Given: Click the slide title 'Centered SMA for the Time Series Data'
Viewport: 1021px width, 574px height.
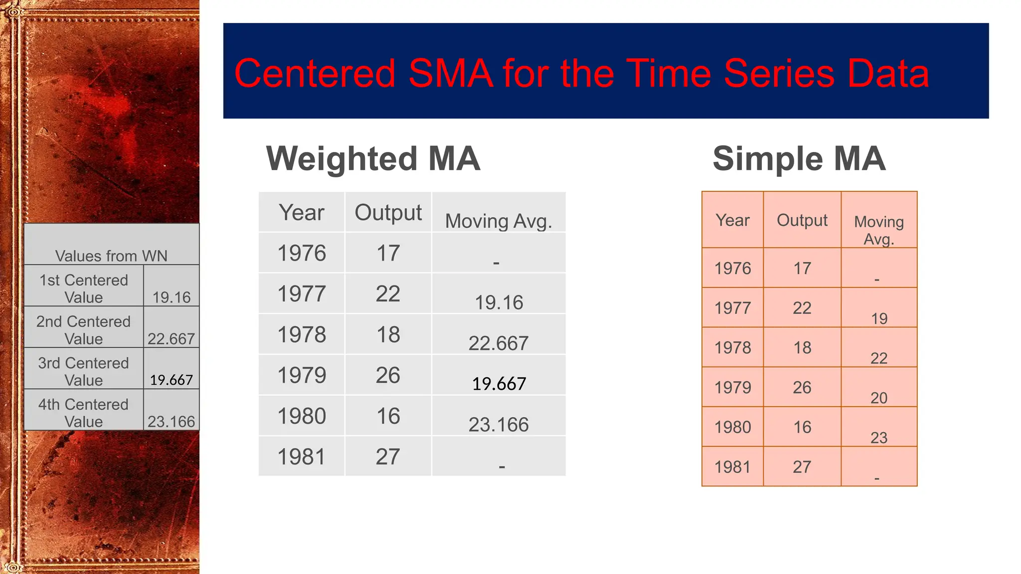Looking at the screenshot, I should pos(581,73).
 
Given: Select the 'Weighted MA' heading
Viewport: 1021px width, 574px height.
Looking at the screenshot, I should pos(373,158).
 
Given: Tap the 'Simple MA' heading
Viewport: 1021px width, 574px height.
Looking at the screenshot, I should pos(799,158).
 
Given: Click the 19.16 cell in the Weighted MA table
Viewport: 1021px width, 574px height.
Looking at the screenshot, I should pos(499,302).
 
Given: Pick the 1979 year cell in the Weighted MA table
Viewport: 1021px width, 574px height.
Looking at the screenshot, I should pos(302,375).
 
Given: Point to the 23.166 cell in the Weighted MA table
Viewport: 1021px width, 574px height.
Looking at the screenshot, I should pos(499,425).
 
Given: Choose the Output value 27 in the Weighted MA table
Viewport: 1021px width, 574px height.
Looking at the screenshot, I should pos(388,457).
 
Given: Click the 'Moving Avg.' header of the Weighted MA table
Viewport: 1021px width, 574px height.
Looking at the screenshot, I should pos(499,221).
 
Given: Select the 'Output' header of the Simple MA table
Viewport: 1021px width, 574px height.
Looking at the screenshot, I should pos(802,220).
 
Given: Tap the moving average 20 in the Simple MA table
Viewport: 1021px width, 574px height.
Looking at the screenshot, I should pos(879,398).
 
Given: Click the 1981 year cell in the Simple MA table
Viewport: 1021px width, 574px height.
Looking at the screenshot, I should pos(732,467).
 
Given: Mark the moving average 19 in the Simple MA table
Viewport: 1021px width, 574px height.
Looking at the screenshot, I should pos(879,318).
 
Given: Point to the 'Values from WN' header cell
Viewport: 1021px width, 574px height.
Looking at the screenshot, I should pos(111,256).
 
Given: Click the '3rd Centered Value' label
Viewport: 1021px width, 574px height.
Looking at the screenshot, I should pos(84,371).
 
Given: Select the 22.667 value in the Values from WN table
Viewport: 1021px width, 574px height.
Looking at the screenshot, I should pos(171,339).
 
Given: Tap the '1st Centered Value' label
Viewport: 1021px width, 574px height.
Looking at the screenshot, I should pos(84,288).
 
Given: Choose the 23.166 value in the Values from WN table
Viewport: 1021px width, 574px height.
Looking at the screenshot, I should pos(171,422).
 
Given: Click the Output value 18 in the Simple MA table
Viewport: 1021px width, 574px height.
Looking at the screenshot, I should pos(802,348).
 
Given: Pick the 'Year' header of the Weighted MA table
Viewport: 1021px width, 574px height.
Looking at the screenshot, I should pos(302,213).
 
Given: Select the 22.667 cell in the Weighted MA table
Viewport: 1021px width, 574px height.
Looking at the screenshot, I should pos(499,343).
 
